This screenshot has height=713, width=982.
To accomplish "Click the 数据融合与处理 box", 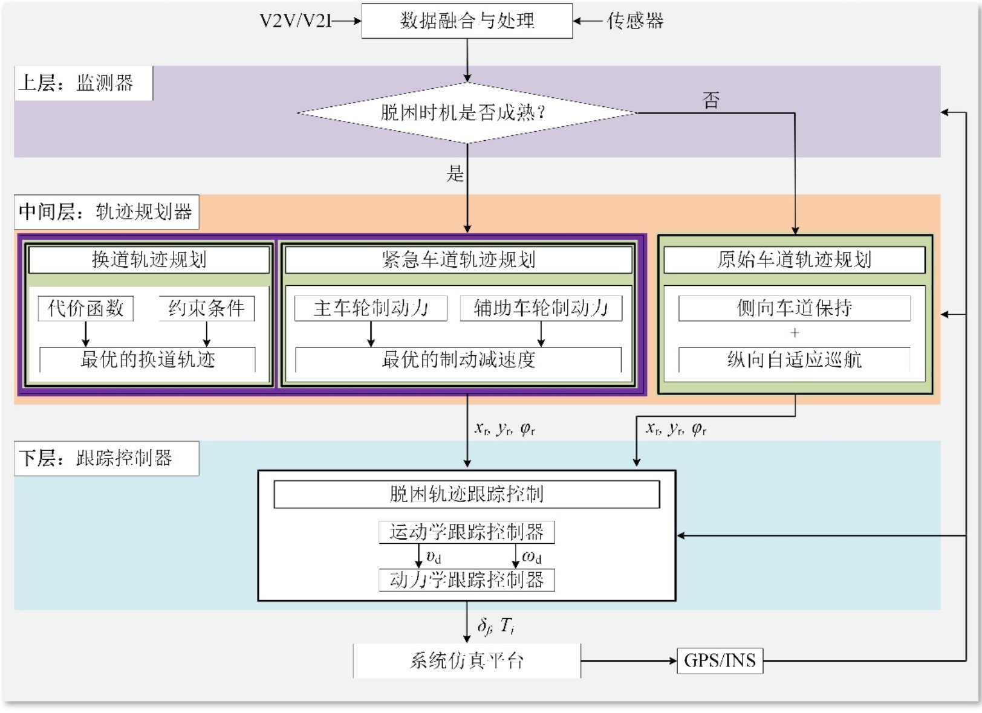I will pos(467,21).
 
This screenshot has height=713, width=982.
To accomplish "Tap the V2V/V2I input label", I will pos(296,21).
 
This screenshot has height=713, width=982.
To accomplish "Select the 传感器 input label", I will pos(635,21).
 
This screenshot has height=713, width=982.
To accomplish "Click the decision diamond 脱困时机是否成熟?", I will pos(467,112).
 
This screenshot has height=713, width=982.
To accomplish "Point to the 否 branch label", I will pos(711,100).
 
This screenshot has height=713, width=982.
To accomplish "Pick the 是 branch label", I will pos(455,174).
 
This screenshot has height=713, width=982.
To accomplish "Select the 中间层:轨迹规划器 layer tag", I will pos(106,211).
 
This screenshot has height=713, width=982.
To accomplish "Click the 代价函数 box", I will pos(85,308).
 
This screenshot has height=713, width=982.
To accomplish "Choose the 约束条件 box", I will pos(206,308).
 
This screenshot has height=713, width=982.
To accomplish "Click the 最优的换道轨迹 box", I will pos(148,360).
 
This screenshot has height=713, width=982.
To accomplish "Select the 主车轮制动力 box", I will pos(371,308).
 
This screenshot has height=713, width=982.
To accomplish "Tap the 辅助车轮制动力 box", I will pos(541,308).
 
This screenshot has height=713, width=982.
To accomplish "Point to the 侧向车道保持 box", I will pos(794,308).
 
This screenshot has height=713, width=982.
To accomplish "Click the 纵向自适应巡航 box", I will pos(794,360).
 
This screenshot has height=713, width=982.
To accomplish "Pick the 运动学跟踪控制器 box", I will pos(466,532).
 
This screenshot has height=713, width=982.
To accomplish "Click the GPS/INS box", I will pos(720,660).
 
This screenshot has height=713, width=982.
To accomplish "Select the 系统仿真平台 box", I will pos(467,660).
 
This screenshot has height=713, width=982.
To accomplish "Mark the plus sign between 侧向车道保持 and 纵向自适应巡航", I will pos(795,333).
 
